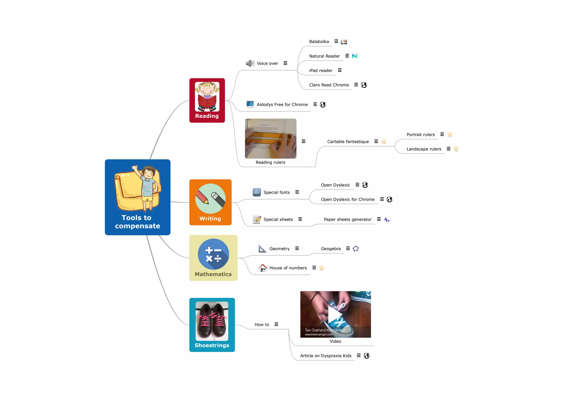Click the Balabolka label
(x=319, y=42)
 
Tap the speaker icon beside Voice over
(x=250, y=63)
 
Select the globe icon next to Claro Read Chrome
(x=364, y=85)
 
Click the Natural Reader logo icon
(x=355, y=56)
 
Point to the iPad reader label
(x=321, y=70)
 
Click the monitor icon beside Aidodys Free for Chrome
(x=250, y=104)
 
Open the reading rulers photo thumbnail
(x=270, y=138)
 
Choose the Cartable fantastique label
(x=348, y=142)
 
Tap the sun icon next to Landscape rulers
(x=456, y=149)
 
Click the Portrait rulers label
(x=421, y=135)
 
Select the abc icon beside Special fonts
(x=257, y=192)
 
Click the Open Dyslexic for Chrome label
(x=348, y=199)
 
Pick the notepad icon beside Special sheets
(x=257, y=219)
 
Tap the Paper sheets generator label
(x=348, y=219)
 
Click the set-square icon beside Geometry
(x=262, y=249)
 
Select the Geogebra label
(x=330, y=249)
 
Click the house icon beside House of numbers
(x=263, y=268)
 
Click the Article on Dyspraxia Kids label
(x=326, y=356)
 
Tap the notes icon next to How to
(x=276, y=324)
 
